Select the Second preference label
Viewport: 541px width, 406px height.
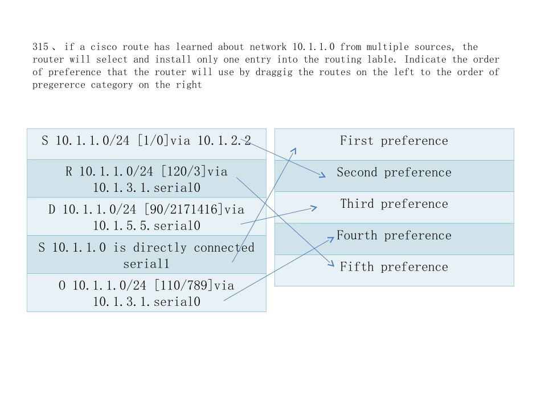click(394, 173)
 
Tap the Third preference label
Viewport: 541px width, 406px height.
click(394, 204)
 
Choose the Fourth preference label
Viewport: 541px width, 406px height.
click(394, 236)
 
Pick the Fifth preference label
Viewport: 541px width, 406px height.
click(394, 267)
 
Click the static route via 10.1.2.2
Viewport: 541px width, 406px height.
click(146, 141)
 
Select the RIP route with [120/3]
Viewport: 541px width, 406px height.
click(146, 179)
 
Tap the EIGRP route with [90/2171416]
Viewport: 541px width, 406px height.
click(146, 217)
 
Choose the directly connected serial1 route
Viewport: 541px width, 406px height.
click(146, 255)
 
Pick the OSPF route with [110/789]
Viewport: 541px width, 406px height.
click(146, 293)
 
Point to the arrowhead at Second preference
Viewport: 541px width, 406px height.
click(323, 177)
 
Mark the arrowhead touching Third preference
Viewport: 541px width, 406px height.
click(315, 208)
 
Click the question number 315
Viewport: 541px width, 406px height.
click(40, 47)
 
